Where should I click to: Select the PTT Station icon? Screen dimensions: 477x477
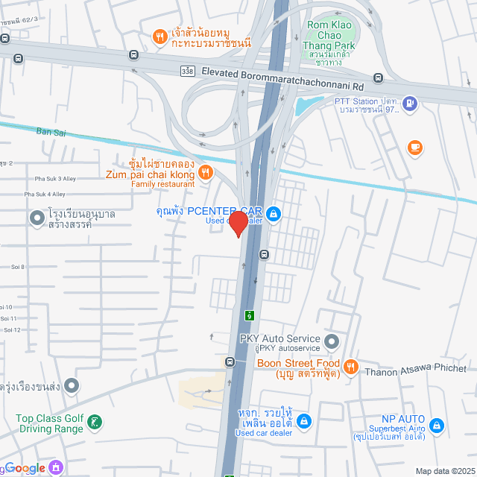408,104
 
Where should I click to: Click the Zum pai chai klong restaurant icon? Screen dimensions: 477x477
206,173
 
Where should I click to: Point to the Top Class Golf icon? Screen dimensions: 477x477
94,423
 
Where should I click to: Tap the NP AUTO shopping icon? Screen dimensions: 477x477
437,426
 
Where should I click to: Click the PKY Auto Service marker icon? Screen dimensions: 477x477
332,342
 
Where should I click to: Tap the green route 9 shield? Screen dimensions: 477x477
249,315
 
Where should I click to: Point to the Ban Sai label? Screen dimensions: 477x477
50,132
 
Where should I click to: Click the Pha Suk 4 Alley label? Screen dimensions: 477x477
45,194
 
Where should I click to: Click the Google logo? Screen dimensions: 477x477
25,468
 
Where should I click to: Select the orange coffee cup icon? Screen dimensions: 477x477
414,148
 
